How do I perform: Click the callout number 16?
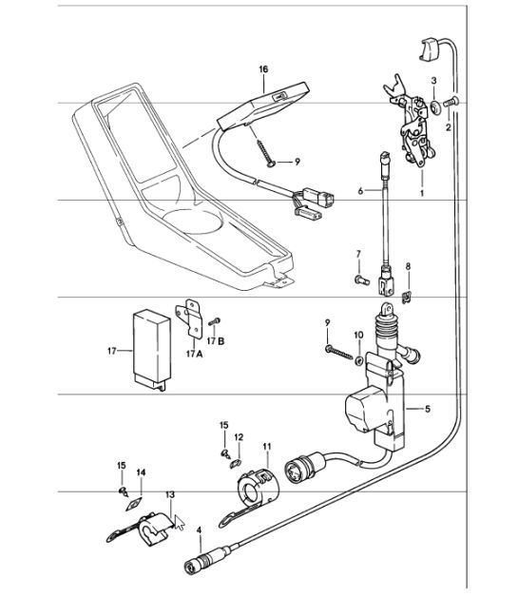[x=263, y=69]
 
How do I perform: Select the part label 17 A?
[x=195, y=354]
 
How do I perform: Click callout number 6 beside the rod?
[x=362, y=191]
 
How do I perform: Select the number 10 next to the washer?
[x=358, y=336]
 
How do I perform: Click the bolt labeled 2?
[x=452, y=101]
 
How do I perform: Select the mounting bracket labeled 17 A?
[x=191, y=319]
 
